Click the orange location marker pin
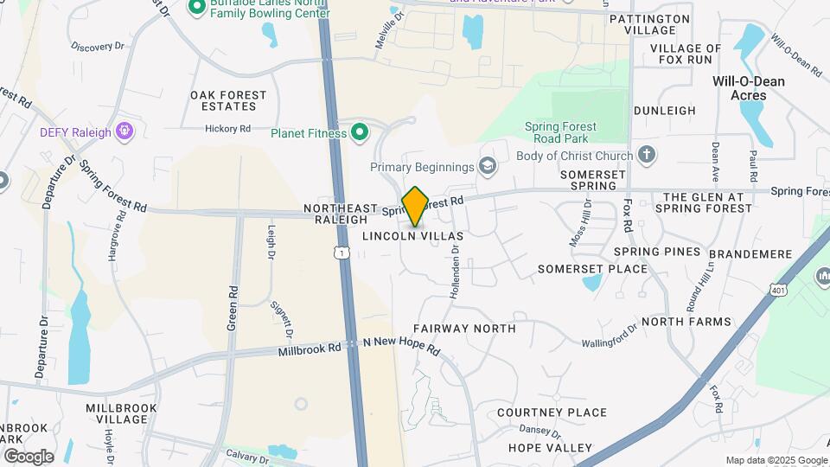click(x=416, y=206)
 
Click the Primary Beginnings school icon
click(x=488, y=166)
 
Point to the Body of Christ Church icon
click(x=646, y=156)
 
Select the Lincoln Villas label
click(x=412, y=235)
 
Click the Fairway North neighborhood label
click(x=464, y=329)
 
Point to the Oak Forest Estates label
click(x=224, y=100)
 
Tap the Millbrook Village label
click(x=121, y=413)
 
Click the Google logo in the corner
click(x=29, y=456)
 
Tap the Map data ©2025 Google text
click(x=776, y=460)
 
